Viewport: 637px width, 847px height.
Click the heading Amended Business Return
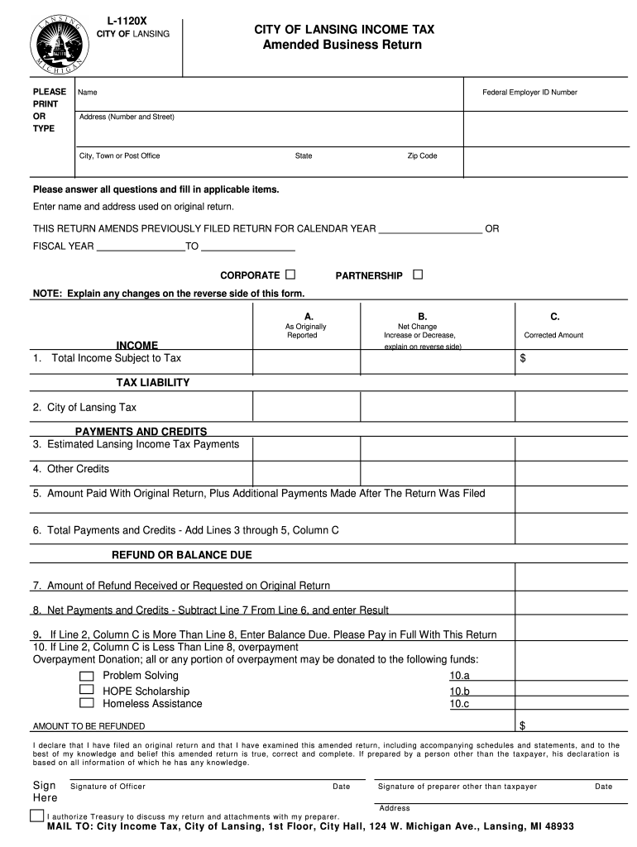click(x=342, y=45)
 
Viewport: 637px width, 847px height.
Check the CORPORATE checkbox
click(x=290, y=275)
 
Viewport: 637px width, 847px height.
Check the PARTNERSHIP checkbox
click(x=417, y=275)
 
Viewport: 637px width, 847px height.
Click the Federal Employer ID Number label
click(x=529, y=93)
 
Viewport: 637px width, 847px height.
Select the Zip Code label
click(x=422, y=156)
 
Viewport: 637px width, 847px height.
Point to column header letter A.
click(x=308, y=317)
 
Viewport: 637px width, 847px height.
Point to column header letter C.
click(x=554, y=317)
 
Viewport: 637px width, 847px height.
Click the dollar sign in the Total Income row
click(x=522, y=359)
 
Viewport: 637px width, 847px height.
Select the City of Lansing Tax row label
click(x=84, y=407)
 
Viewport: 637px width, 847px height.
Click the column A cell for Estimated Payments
click(x=306, y=448)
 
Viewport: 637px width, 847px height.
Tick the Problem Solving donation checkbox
click(x=87, y=676)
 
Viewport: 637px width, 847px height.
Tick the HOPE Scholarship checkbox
click(x=87, y=690)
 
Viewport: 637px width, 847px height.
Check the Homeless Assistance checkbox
click(x=87, y=703)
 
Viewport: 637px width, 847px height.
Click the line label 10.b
click(x=459, y=691)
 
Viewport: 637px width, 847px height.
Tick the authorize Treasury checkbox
click(x=37, y=816)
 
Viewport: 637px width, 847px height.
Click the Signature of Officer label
click(x=108, y=787)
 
